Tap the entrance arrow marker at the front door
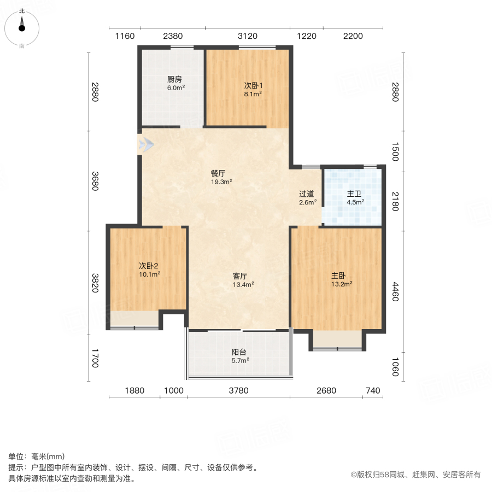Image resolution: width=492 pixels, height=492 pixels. (145, 145)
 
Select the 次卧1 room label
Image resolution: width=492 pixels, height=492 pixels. (253, 85)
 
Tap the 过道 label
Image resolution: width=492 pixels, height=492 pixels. (307, 194)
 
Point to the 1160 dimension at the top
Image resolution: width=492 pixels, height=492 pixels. (125, 36)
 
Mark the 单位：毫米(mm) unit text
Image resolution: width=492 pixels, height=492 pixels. (37, 457)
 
